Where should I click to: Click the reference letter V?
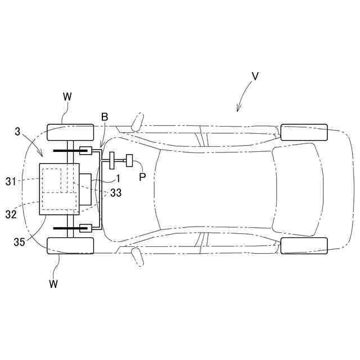click(255, 76)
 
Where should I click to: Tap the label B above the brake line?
click(105, 117)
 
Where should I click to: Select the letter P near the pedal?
click(142, 177)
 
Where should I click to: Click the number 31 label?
click(11, 182)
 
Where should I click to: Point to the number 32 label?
click(11, 214)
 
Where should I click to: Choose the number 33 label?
click(116, 193)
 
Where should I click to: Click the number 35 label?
click(19, 242)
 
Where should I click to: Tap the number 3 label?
click(17, 132)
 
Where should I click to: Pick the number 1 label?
click(118, 179)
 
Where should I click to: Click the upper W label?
click(67, 97)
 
